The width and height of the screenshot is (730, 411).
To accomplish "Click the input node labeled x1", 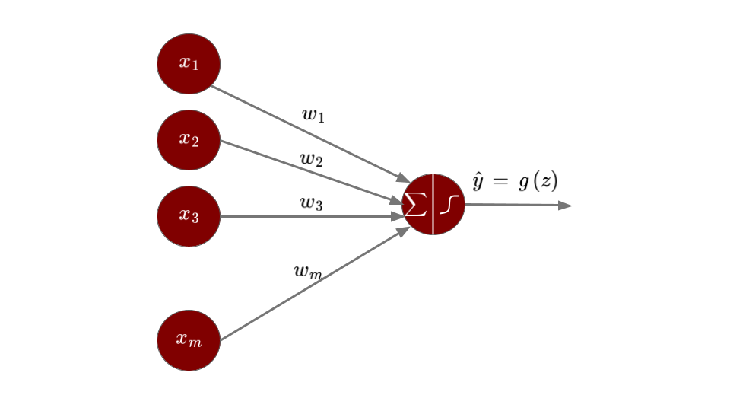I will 189,64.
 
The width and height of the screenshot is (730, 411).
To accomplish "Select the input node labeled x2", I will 189,140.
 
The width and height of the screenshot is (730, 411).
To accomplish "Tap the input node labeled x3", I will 189,216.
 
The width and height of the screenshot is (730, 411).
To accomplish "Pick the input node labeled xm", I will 189,340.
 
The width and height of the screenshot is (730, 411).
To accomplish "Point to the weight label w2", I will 311,160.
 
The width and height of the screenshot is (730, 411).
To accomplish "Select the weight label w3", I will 311,203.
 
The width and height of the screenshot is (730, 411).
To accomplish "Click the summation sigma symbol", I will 415,204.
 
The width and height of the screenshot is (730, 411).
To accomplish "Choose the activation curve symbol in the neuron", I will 449,205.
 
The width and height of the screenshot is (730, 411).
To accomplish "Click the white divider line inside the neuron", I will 433,204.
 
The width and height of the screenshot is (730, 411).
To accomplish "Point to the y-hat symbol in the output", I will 478,182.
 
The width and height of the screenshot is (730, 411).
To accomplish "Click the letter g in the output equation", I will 523,183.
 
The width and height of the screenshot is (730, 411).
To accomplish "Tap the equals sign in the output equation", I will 500,182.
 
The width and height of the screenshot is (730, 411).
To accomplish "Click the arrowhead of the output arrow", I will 564,205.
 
